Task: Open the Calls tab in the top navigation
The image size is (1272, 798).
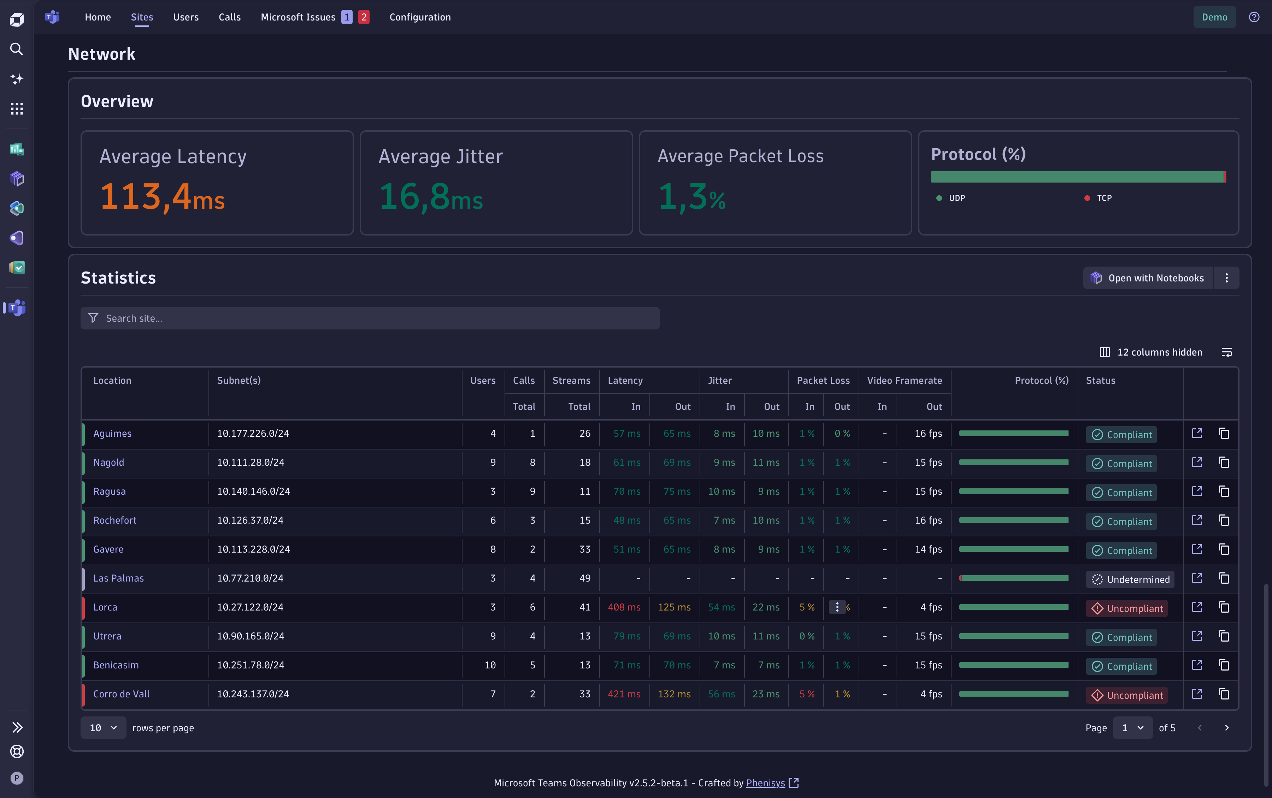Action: pos(230,17)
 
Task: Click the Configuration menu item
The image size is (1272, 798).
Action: pos(420,17)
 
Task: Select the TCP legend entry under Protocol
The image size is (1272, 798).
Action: pos(1103,198)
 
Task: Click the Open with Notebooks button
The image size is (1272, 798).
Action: pos(1148,278)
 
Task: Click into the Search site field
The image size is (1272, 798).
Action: pos(370,318)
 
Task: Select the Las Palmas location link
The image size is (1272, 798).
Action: pos(118,578)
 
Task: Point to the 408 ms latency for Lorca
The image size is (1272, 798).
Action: pos(624,607)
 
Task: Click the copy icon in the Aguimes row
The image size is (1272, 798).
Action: pos(1224,433)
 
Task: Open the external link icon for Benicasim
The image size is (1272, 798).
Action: pos(1197,665)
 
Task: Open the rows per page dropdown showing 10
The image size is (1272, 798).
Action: pos(103,728)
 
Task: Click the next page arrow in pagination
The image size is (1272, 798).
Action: pos(1226,728)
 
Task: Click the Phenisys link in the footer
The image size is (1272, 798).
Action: pos(765,783)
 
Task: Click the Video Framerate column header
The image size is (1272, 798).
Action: pos(904,381)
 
